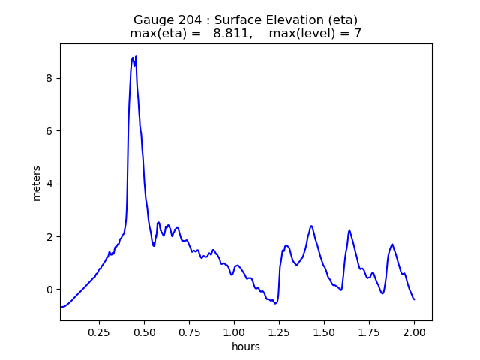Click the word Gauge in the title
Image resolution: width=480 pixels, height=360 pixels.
click(151, 19)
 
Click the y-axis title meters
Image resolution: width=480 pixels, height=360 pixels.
click(37, 183)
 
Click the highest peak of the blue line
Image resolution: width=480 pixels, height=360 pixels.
click(136, 57)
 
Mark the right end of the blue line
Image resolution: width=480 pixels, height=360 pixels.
click(414, 299)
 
